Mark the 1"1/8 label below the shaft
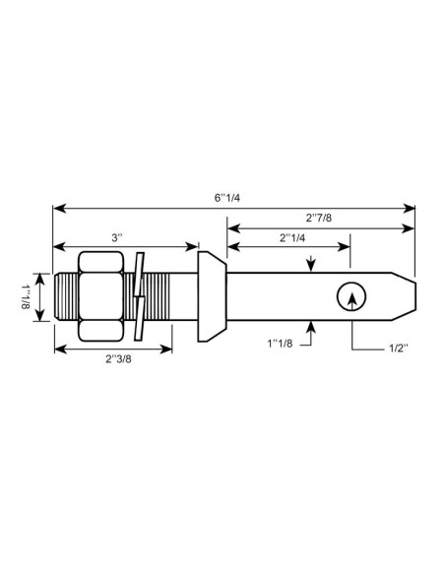pyautogui.click(x=282, y=344)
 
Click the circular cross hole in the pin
pyautogui.click(x=350, y=296)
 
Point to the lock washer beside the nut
pyautogui.click(x=140, y=296)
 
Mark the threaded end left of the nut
pyautogui.click(x=65, y=296)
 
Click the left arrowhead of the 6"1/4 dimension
pyautogui.click(x=58, y=207)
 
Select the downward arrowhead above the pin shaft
pyautogui.click(x=311, y=264)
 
